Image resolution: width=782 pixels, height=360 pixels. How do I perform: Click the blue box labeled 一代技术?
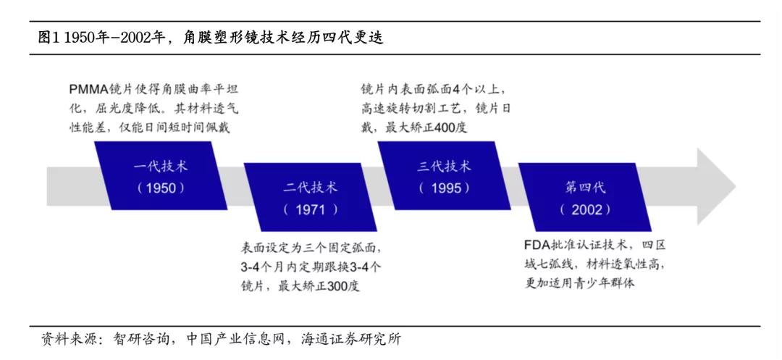160,176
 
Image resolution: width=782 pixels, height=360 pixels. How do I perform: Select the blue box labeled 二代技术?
310,198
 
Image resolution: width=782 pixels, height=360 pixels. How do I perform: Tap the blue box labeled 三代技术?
444,176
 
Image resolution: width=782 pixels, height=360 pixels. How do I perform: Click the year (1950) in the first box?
161,188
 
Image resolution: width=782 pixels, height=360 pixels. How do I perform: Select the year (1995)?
444,188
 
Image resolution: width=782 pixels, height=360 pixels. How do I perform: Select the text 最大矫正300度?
319,285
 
